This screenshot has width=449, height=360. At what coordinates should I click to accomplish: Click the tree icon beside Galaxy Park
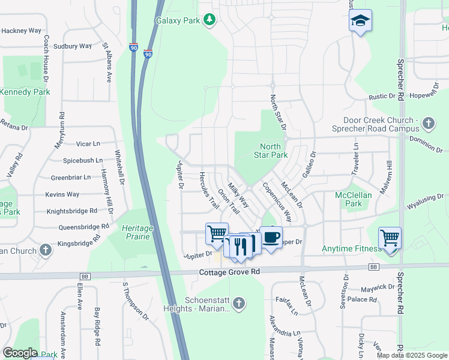point(209,20)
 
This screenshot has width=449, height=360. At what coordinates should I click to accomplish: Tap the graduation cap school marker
point(360,21)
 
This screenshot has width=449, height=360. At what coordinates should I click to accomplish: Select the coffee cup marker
point(271,238)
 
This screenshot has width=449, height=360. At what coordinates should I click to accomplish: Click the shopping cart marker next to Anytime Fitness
point(390,239)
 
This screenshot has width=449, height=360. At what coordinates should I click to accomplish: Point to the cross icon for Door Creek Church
point(427,124)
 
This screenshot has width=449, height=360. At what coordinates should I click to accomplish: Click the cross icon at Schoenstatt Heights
point(239,303)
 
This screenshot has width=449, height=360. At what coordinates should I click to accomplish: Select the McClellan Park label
point(354,199)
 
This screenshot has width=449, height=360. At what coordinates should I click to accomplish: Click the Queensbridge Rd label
point(83,227)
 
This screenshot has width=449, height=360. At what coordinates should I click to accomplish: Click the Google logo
point(20,353)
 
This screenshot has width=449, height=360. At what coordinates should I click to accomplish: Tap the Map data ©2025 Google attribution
point(411,355)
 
